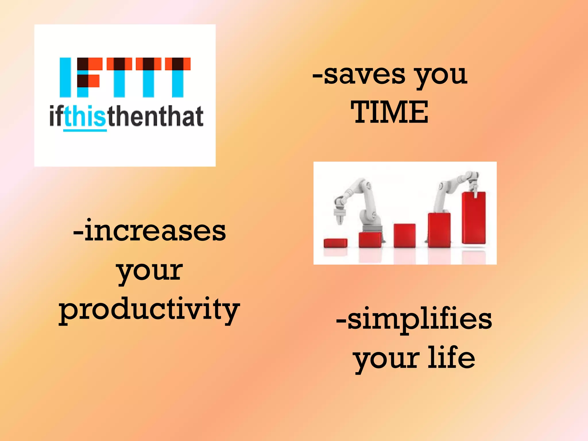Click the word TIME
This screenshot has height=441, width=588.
[x=389, y=112]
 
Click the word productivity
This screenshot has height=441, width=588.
[x=149, y=310]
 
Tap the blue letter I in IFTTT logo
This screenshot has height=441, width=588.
[x=65, y=77]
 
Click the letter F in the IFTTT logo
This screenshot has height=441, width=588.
[x=88, y=77]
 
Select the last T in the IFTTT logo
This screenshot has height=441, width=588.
[x=178, y=77]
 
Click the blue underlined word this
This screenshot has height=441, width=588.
[x=85, y=116]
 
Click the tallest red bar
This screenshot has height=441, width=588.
[x=473, y=218]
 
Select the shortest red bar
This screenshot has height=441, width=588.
[x=335, y=243]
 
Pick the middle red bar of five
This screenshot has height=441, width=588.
[x=404, y=235]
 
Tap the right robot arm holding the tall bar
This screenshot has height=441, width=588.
[x=448, y=189]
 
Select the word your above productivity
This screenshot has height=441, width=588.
[x=150, y=271]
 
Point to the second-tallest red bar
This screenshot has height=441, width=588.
[x=439, y=230]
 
